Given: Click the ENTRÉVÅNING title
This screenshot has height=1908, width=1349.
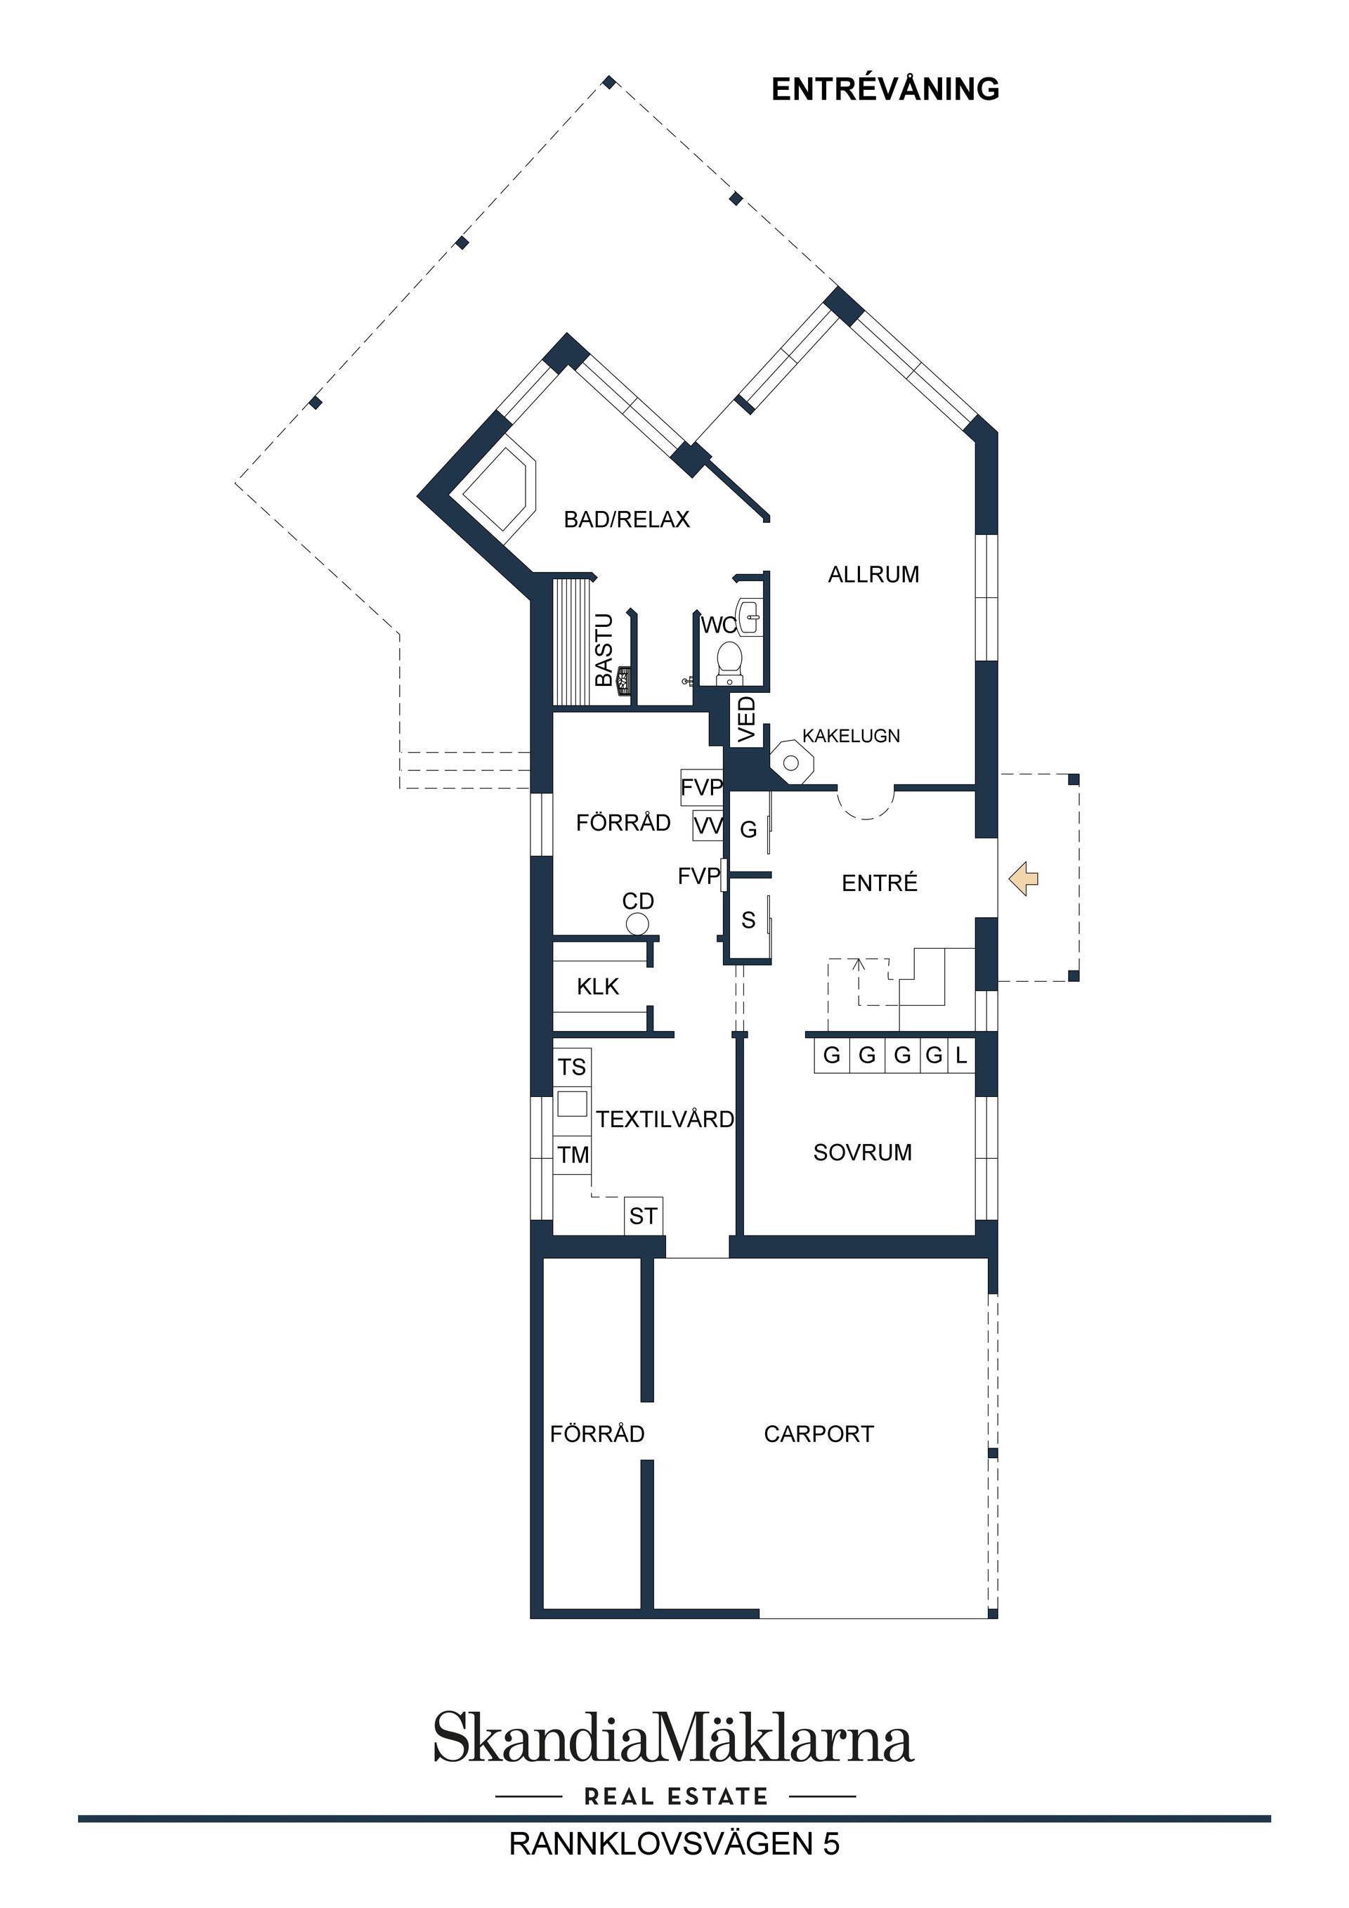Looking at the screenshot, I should (x=885, y=89).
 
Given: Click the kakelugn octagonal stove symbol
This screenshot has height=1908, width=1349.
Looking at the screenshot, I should (x=792, y=761).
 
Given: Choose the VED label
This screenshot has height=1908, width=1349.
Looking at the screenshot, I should (x=747, y=719).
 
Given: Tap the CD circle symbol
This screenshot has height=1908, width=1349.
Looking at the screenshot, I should (x=637, y=923).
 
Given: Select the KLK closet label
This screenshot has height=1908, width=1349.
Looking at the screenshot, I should (x=597, y=987).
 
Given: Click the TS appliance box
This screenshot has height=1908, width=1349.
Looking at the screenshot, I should (x=571, y=1067).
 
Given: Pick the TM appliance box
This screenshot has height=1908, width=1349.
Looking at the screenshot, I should (x=573, y=1154).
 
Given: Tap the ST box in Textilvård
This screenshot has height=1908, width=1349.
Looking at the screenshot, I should (x=643, y=1216).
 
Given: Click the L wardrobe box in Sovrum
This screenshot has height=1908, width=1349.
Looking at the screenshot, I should (x=961, y=1056).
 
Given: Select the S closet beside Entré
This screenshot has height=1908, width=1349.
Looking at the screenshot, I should (x=748, y=920).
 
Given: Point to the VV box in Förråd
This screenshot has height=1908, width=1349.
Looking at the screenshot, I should (x=708, y=826).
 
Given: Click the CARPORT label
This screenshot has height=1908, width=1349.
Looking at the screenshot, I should (x=819, y=1434).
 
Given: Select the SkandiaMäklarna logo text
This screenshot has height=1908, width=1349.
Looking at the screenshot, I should (x=674, y=1739).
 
